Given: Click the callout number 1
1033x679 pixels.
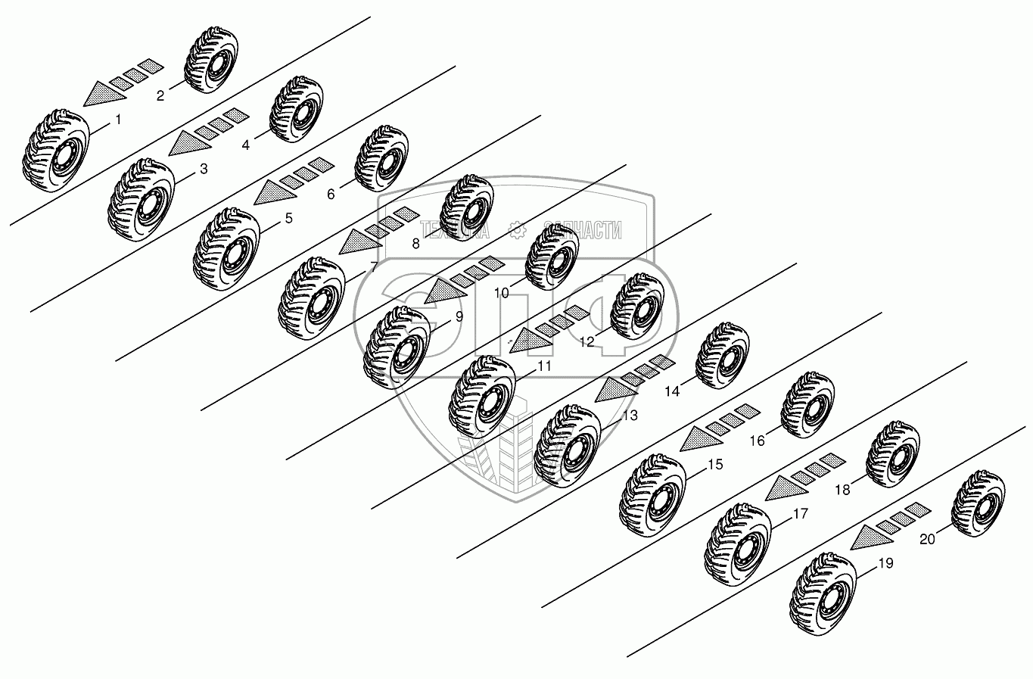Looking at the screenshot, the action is pyautogui.click(x=118, y=120).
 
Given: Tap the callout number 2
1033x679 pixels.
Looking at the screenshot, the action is pyautogui.click(x=160, y=96).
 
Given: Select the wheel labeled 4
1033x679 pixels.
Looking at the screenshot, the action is pyautogui.click(x=296, y=110).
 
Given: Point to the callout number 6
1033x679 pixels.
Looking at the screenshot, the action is pyautogui.click(x=331, y=195).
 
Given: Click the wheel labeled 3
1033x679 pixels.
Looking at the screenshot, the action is pyautogui.click(x=141, y=200).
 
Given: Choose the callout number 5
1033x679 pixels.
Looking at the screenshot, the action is pyautogui.click(x=288, y=218).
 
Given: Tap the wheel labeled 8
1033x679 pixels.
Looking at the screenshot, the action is pyautogui.click(x=467, y=208).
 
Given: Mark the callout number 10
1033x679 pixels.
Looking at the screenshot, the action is pyautogui.click(x=501, y=293).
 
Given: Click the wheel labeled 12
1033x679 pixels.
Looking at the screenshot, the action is pyautogui.click(x=637, y=307).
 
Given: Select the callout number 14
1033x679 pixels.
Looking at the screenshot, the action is pyautogui.click(x=672, y=391).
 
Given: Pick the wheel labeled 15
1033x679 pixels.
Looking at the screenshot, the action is pyautogui.click(x=653, y=495).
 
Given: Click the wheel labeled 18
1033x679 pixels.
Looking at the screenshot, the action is pyautogui.click(x=893, y=454).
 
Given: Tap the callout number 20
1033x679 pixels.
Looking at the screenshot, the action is pyautogui.click(x=927, y=539).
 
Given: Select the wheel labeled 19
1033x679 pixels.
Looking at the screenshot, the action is pyautogui.click(x=823, y=594).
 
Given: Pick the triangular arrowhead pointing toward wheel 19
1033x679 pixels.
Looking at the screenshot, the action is pyautogui.click(x=871, y=537).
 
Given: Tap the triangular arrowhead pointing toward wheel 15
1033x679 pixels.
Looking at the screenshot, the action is pyautogui.click(x=701, y=439).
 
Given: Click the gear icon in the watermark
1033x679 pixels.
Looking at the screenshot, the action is pyautogui.click(x=517, y=230).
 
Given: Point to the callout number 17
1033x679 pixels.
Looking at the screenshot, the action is pyautogui.click(x=801, y=514).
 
